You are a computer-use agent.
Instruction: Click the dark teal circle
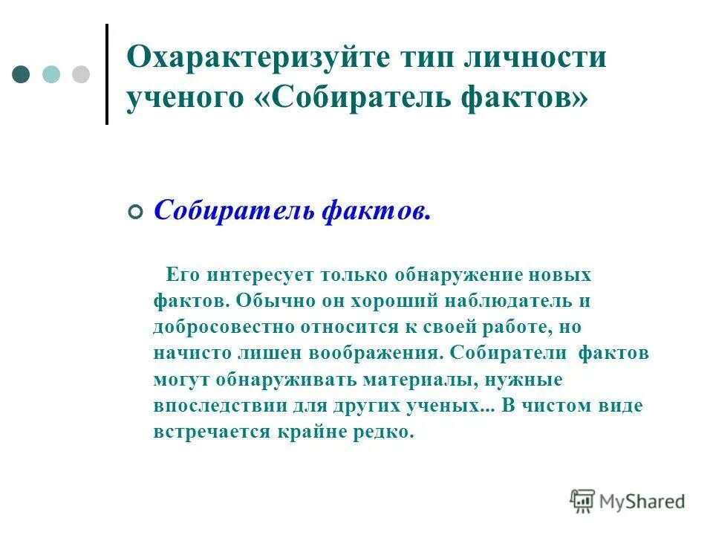click(x=22, y=74)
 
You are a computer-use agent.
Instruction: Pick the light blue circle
click(x=51, y=74)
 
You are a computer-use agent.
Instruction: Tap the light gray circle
click(x=80, y=74)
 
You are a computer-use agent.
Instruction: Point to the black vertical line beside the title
click(x=107, y=74)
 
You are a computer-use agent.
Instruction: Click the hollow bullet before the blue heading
click(x=134, y=212)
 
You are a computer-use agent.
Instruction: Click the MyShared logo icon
click(x=582, y=502)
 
